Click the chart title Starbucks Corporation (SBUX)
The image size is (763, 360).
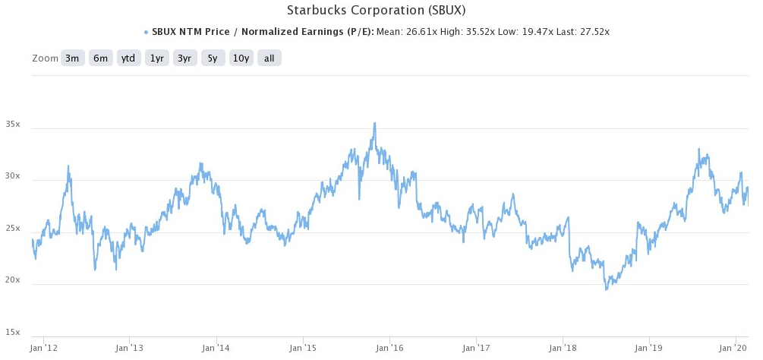point(376,11)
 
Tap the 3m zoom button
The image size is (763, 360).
point(72,58)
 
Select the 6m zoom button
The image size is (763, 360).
point(100,58)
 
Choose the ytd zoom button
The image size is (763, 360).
point(128,58)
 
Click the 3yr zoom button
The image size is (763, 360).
point(184,58)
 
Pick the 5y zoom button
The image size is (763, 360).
point(213,58)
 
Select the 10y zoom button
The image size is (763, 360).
point(241,58)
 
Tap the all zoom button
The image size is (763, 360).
point(269,58)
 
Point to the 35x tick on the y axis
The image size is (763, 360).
point(13,124)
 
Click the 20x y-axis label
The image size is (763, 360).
point(13,281)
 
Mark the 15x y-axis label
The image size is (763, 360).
point(13,333)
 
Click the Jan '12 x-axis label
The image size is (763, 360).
point(43,349)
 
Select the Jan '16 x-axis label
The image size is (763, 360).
point(389,349)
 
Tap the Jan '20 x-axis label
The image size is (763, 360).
point(735,349)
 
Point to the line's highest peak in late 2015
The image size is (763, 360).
point(374,123)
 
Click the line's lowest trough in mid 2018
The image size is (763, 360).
point(606,289)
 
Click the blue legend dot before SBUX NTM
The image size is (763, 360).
point(145,33)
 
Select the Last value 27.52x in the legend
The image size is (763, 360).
point(593,33)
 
